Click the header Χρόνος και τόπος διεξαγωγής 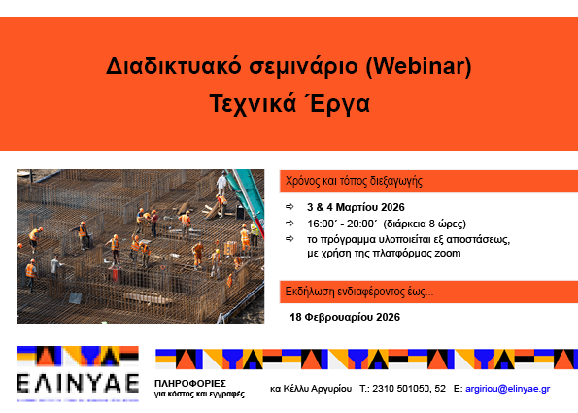coord(354,181)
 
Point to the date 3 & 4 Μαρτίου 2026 coord(355,208)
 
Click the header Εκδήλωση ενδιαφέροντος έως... coord(358,291)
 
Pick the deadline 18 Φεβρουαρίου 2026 coord(345,317)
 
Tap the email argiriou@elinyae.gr coord(508,389)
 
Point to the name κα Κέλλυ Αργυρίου coord(310,389)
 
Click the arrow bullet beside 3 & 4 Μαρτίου coord(289,208)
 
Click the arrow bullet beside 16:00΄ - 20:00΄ coord(289,223)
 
